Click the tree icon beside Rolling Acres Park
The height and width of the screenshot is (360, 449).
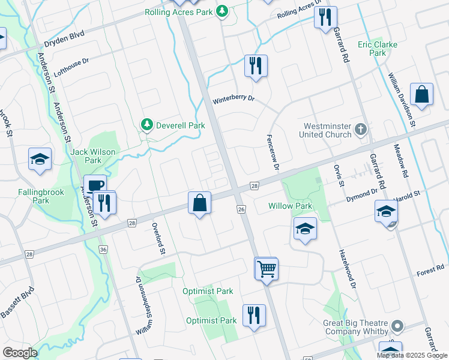[x=222, y=11]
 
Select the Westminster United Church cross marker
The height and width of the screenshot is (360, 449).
[x=360, y=129]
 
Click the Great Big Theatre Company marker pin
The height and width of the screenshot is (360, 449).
[x=396, y=326]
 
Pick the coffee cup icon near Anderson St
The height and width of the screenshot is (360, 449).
[x=94, y=185]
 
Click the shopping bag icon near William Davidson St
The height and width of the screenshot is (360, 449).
[x=422, y=95]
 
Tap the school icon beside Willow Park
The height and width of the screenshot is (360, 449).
[x=305, y=229]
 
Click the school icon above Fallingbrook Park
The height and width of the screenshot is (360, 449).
[x=40, y=159]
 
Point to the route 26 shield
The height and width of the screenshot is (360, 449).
[x=241, y=209]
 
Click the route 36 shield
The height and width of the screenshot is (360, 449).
[x=103, y=249]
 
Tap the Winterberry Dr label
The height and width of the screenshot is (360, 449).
[x=235, y=98]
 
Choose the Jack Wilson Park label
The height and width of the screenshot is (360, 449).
[x=93, y=156]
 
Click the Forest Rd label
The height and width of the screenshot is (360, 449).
[x=430, y=269]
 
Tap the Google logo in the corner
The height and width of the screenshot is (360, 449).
[x=20, y=353]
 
